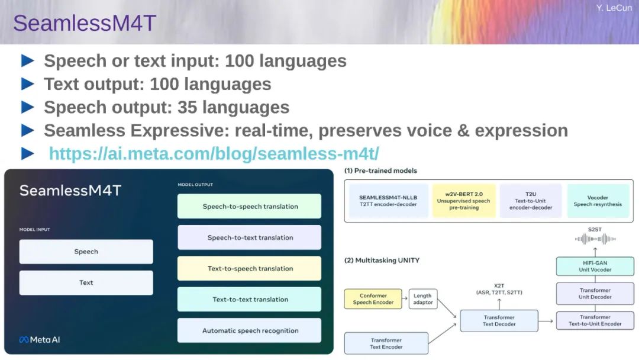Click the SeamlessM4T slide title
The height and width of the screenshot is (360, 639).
pos(85,23)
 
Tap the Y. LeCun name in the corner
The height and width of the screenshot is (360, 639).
pos(614,8)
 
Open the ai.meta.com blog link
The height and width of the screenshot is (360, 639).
pos(214,154)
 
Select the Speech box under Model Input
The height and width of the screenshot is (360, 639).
pos(86,252)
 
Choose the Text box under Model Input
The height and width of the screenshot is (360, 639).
pos(86,282)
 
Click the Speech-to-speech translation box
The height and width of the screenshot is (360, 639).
pos(250,206)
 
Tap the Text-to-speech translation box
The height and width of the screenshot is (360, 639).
pos(250,268)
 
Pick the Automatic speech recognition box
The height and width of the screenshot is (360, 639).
pos(250,330)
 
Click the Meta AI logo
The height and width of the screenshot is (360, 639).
pos(40,340)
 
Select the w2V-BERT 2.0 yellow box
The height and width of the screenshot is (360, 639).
pos(464,201)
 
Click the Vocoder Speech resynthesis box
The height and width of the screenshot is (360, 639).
pos(598,201)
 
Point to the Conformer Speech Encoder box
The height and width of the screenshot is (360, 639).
pos(373,299)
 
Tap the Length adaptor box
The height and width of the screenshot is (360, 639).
pos(423,299)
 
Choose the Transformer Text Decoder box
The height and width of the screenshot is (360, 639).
pos(499,320)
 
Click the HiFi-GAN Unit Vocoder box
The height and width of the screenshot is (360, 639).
pos(595,266)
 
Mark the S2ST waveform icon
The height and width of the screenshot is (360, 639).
pos(595,239)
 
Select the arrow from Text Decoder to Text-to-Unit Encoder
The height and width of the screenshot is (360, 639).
pos(546,322)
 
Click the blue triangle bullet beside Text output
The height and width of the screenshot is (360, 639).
pos(28,84)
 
